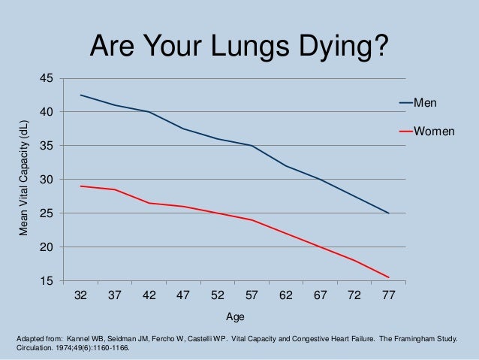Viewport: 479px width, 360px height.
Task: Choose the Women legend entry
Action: tap(434, 131)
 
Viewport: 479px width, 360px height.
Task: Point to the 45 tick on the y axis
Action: tap(47, 79)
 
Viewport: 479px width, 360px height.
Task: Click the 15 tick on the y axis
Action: tap(47, 281)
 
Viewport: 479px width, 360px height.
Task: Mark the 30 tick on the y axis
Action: tap(47, 180)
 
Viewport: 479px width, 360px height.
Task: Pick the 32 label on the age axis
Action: tap(80, 295)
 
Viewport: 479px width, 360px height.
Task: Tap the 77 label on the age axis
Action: tap(388, 295)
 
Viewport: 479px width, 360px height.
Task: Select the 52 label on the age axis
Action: tap(217, 295)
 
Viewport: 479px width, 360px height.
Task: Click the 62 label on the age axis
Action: tap(285, 295)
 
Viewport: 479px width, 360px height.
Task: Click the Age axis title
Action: tap(235, 316)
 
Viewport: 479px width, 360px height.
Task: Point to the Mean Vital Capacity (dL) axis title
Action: tap(23, 179)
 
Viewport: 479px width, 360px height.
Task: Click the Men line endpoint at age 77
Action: tap(388, 213)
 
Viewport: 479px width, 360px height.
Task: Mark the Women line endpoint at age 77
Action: tap(388, 277)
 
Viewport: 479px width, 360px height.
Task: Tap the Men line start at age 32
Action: tap(80, 95)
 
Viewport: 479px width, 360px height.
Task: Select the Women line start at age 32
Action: tap(80, 186)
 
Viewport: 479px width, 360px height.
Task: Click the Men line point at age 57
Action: tap(252, 146)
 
